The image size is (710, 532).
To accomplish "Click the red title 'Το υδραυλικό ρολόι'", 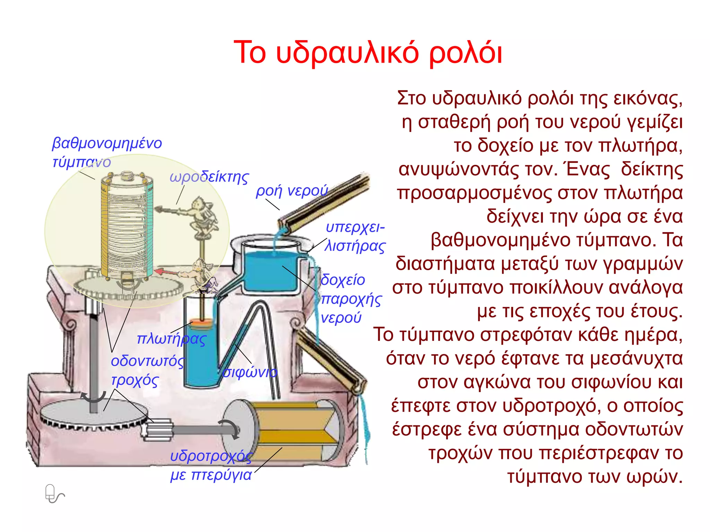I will point(367,53).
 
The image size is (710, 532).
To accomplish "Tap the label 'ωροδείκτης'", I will point(209,177).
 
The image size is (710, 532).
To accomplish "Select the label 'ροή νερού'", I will point(292,191).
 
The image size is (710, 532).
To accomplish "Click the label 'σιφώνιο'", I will point(250,372).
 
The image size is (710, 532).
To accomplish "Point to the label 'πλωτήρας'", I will point(172,339).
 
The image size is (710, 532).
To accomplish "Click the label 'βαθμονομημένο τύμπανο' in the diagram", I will point(107,152).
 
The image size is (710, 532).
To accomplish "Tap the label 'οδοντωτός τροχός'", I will point(147,371).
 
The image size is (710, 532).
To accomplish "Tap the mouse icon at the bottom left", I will point(54,494).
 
